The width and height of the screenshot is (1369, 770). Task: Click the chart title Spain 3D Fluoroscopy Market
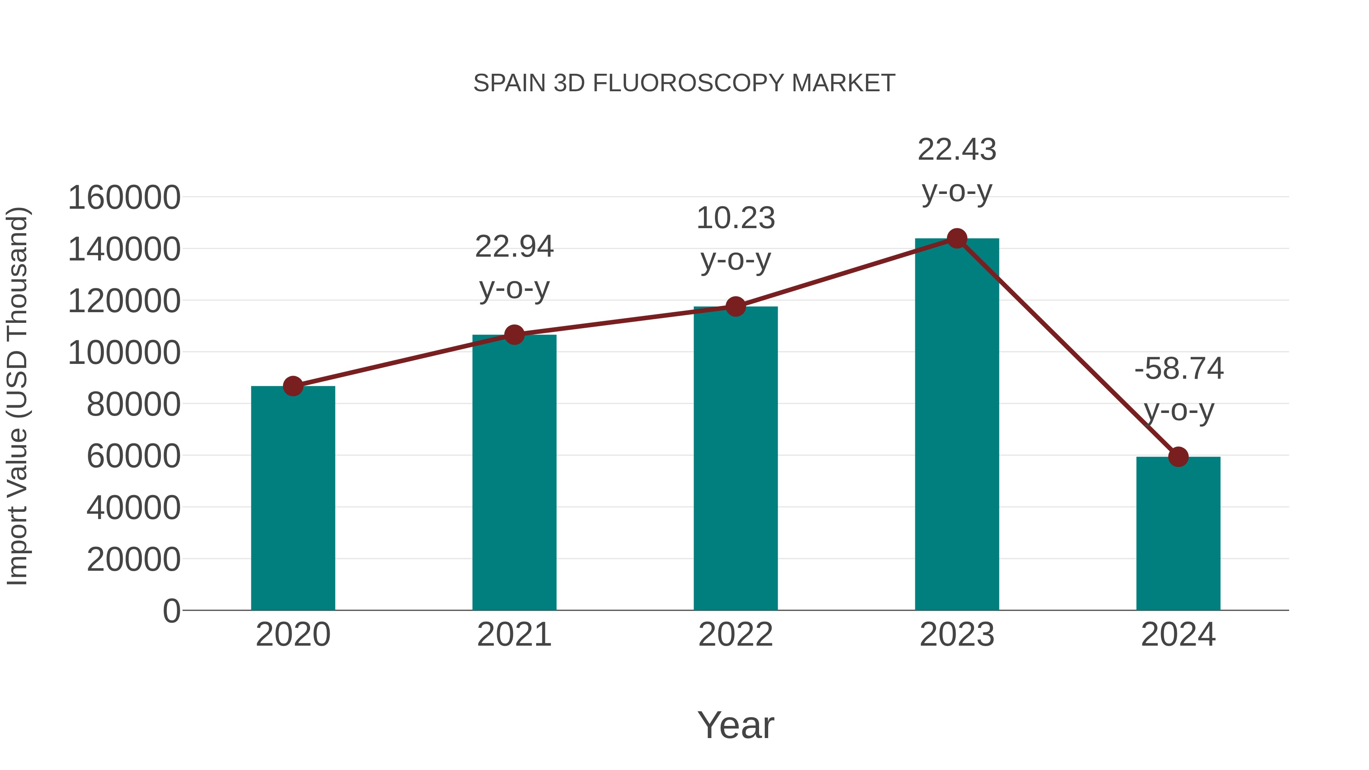coord(684,83)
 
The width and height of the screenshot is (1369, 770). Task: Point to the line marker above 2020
coord(293,386)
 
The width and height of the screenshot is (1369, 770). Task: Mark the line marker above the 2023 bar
coord(957,238)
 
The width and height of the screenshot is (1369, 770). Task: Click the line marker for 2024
coord(1178,456)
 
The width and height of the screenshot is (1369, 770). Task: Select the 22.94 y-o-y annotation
coord(514,267)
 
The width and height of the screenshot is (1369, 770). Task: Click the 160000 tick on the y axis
coord(124,198)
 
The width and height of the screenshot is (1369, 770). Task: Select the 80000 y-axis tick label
coord(133,405)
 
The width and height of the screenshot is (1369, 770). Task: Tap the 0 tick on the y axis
coord(171,611)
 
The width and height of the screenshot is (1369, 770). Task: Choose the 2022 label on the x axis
coord(735,635)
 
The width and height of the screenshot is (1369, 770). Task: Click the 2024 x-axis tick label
coord(1178,635)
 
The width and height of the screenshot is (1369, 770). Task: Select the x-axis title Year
coord(735,725)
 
